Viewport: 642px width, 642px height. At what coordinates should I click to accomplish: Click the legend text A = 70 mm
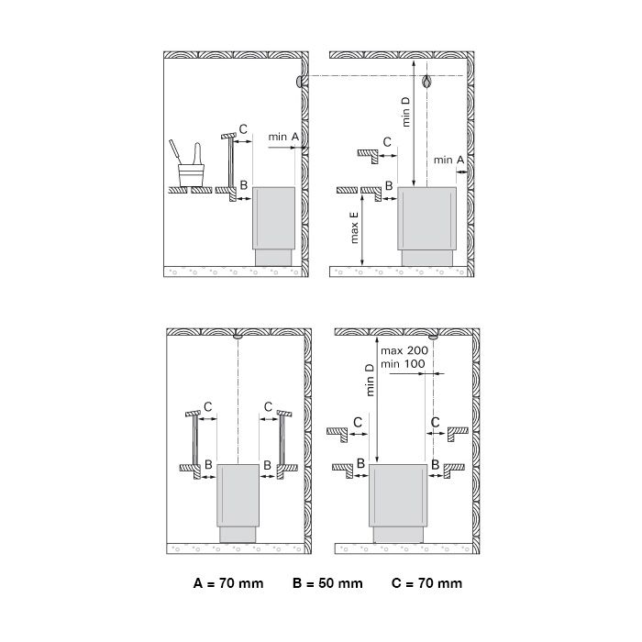(228, 583)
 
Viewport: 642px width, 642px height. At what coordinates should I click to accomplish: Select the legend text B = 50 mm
(327, 583)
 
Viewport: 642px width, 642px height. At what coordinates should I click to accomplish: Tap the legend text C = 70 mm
(426, 583)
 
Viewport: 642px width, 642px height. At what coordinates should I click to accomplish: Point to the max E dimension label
(355, 227)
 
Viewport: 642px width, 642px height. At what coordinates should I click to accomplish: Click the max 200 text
(404, 350)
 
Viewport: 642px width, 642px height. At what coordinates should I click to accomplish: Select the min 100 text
(403, 363)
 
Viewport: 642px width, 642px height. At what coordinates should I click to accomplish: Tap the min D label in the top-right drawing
(405, 112)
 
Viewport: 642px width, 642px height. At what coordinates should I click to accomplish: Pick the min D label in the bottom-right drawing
(371, 381)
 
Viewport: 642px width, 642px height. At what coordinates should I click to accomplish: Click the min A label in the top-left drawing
(283, 137)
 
